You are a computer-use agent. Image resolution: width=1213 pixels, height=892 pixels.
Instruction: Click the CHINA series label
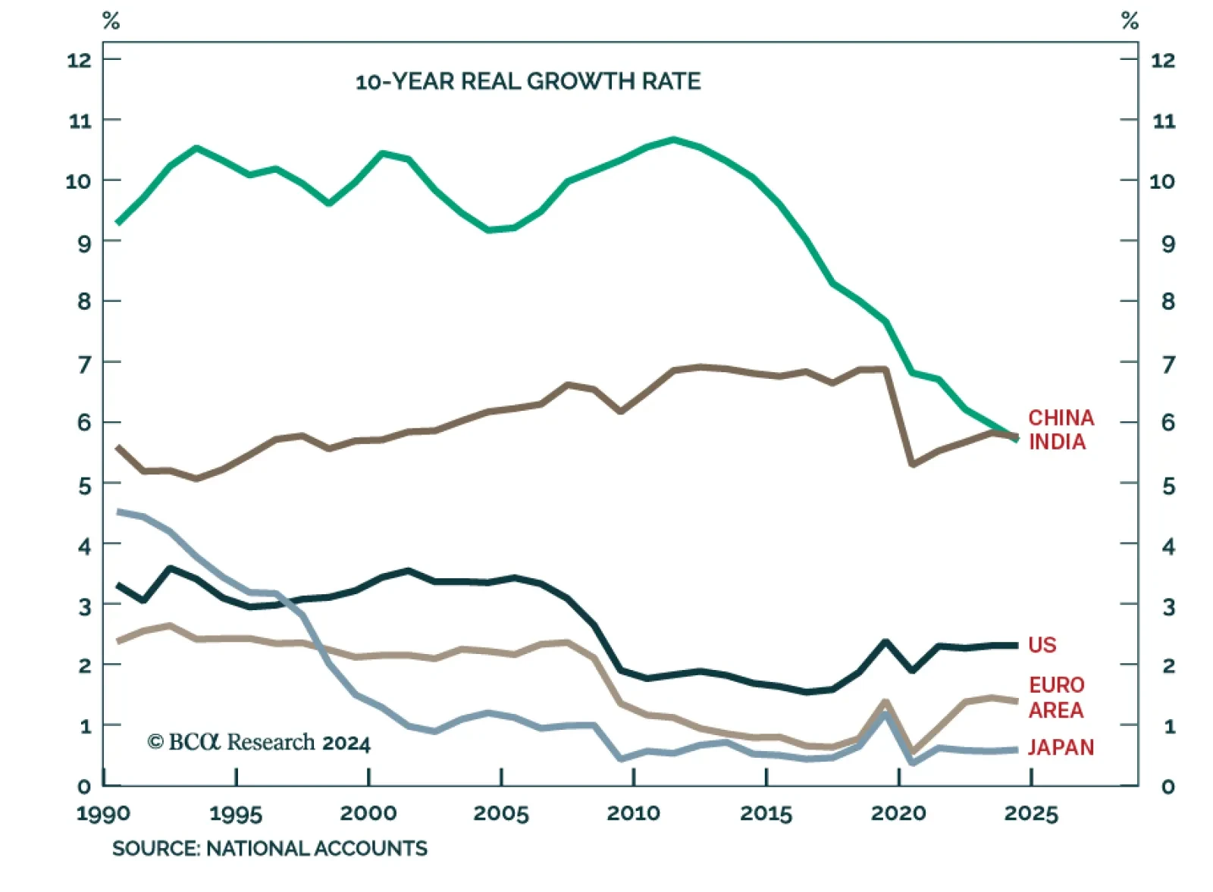pyautogui.click(x=1061, y=418)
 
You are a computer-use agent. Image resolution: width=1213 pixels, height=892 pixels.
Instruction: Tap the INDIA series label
pyautogui.click(x=1057, y=442)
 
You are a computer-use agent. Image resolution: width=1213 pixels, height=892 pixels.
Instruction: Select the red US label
pyautogui.click(x=1042, y=645)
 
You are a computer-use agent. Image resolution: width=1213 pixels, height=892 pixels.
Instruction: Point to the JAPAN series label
pyautogui.click(x=1061, y=747)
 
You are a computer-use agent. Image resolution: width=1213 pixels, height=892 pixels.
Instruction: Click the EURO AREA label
pyautogui.click(x=1056, y=697)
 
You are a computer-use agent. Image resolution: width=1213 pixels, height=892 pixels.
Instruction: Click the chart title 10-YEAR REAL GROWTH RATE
pyautogui.click(x=528, y=81)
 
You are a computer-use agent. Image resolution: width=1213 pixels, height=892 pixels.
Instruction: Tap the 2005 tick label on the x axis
pyautogui.click(x=500, y=813)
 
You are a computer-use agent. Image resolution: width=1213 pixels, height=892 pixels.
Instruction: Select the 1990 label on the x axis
pyautogui.click(x=103, y=813)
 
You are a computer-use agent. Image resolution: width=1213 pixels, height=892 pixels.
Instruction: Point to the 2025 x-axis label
pyautogui.click(x=1030, y=813)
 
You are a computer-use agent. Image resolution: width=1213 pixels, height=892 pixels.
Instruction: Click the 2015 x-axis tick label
pyautogui.click(x=766, y=813)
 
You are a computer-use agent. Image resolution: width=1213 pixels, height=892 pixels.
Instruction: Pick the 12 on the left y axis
pyautogui.click(x=79, y=60)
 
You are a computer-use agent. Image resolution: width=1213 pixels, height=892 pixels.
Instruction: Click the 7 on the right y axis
pyautogui.click(x=1168, y=364)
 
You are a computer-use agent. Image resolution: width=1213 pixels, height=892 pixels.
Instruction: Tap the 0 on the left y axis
pyautogui.click(x=83, y=787)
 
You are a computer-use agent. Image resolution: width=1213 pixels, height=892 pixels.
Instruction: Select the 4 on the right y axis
pyautogui.click(x=1168, y=546)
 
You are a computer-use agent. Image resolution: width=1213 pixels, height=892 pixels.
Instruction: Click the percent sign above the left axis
pyautogui.click(x=111, y=21)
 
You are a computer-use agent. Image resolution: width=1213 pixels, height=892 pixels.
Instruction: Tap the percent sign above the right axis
pyautogui.click(x=1130, y=21)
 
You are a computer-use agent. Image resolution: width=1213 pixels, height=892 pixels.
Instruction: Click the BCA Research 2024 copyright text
pyautogui.click(x=259, y=742)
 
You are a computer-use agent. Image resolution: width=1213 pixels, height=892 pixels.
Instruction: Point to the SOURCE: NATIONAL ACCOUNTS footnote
pyautogui.click(x=269, y=848)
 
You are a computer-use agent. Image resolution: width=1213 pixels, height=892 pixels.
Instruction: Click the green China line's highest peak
pyautogui.click(x=673, y=139)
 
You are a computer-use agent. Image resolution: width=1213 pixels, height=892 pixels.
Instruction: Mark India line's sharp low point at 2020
pyautogui.click(x=912, y=464)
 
